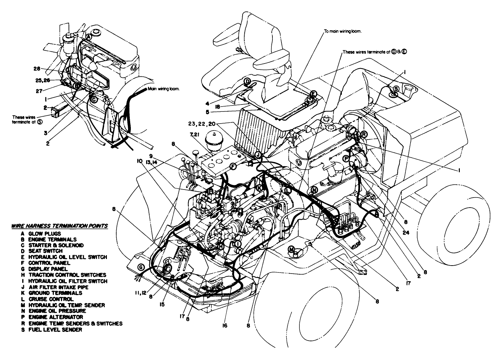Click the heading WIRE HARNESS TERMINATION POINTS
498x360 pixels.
[x=59, y=226]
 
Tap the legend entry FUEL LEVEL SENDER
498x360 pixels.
[x=52, y=329]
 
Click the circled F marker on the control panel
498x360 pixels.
[x=233, y=167]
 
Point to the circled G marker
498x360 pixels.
[x=141, y=267]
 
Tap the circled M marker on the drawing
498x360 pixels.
[x=292, y=249]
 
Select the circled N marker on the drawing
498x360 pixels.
[x=314, y=190]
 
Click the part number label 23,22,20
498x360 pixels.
[x=202, y=123]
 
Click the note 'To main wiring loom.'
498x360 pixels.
[x=343, y=31]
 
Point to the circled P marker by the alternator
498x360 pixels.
[x=346, y=158]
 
